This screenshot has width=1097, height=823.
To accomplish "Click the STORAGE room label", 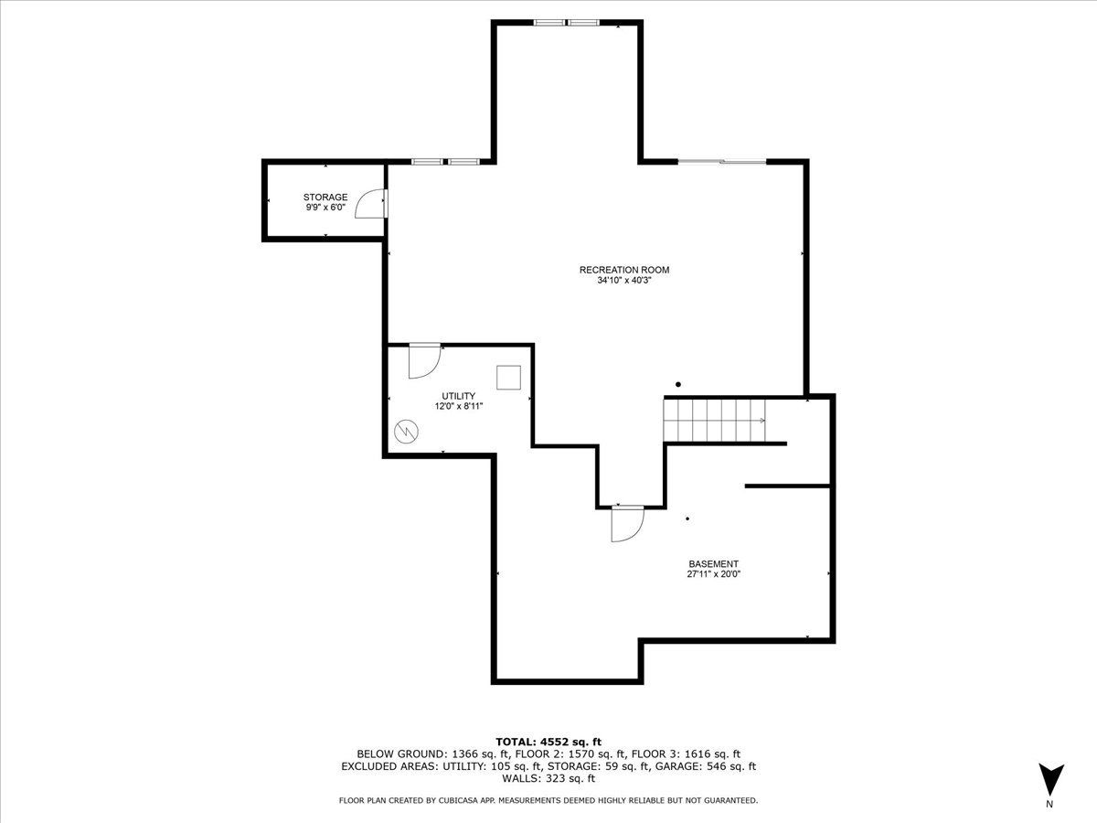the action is [x=325, y=197].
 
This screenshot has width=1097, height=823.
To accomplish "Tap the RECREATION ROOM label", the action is [x=624, y=270].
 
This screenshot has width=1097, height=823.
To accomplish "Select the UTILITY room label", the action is [x=458, y=396].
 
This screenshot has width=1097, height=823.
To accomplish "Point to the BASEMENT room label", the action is [x=713, y=564].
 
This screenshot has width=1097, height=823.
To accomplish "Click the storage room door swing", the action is [x=370, y=204].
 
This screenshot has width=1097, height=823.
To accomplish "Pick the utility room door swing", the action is [x=425, y=361].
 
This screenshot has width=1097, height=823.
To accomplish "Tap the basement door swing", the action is [x=628, y=524].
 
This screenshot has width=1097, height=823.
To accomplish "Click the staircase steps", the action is [x=714, y=421].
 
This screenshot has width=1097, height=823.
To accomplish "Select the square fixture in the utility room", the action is [x=509, y=378].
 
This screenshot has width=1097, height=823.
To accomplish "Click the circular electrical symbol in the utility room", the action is [x=406, y=432].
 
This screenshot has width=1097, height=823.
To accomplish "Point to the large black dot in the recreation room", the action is [x=678, y=384].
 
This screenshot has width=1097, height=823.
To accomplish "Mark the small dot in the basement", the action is [x=687, y=518].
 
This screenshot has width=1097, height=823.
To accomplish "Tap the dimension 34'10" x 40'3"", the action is [x=624, y=281].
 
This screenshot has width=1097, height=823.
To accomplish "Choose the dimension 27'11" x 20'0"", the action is [x=713, y=574].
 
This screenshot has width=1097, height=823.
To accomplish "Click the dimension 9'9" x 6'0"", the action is [x=325, y=207].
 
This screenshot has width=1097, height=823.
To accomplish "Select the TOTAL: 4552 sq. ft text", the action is [x=548, y=742].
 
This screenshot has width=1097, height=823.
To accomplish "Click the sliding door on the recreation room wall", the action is [x=721, y=162].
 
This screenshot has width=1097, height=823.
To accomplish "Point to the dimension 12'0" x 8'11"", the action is [x=458, y=406].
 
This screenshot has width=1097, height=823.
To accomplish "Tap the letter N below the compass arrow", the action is [x=1049, y=804].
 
